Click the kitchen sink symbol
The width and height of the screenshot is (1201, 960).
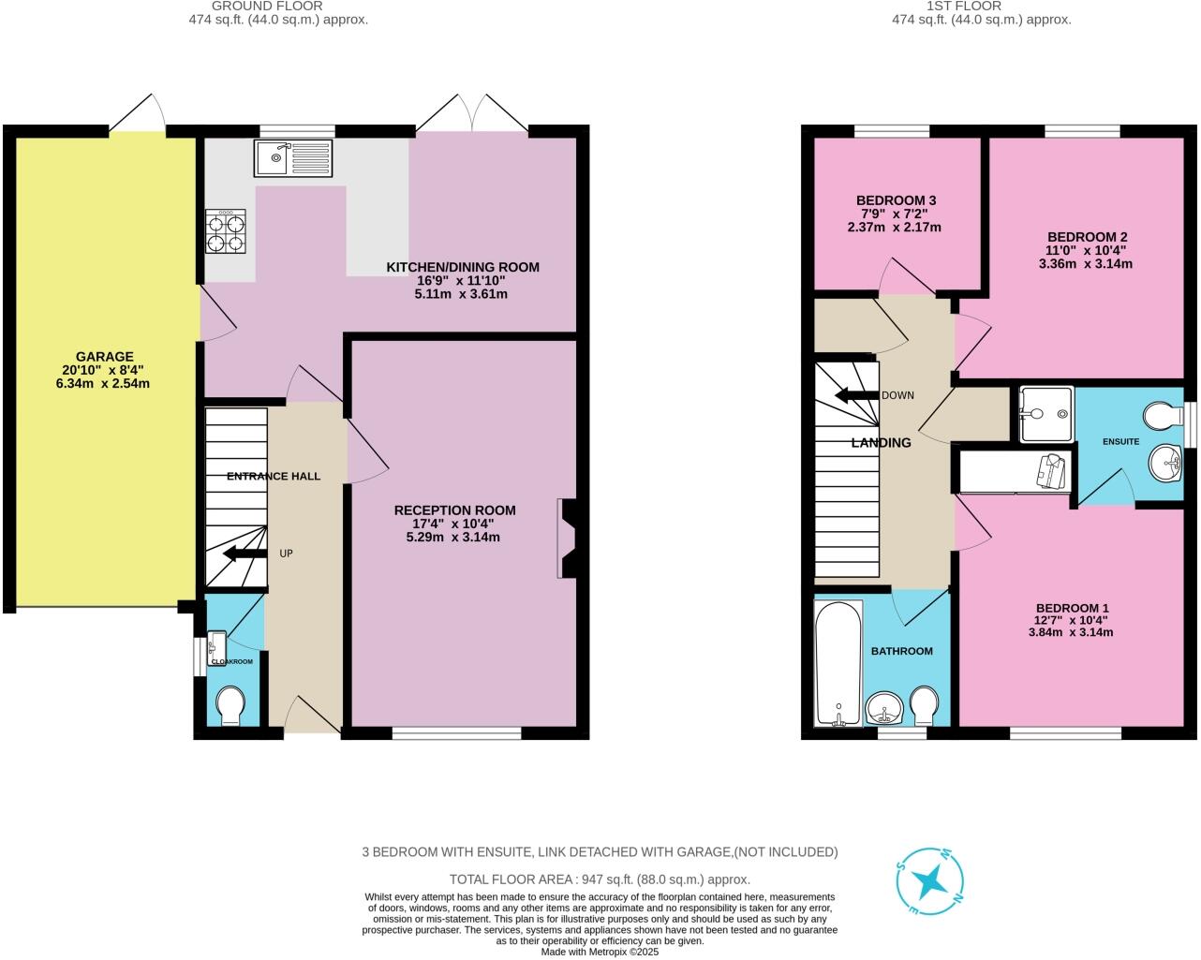point(292,157)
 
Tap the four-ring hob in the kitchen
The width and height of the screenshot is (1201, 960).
point(225,231)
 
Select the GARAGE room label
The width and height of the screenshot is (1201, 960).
point(104,357)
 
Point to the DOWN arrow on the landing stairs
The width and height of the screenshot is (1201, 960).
point(854,395)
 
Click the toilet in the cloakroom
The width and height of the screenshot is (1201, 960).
point(230,704)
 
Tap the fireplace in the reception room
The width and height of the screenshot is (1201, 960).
point(566,539)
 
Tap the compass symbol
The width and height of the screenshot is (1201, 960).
point(932,881)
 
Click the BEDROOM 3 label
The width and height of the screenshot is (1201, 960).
point(896,200)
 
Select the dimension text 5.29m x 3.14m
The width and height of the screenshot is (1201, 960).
point(452,538)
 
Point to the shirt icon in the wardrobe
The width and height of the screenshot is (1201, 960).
point(1050,470)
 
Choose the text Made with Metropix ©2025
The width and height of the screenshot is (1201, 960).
point(600,952)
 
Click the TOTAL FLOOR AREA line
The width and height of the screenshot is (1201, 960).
point(600,879)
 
